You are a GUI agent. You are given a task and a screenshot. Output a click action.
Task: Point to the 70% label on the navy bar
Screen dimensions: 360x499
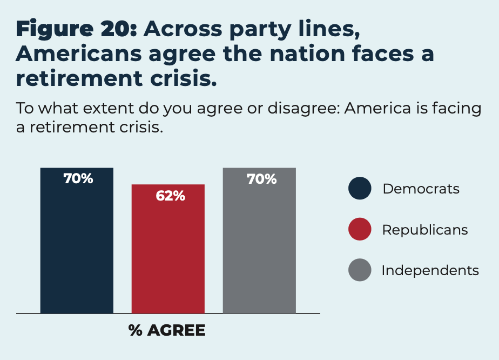78,179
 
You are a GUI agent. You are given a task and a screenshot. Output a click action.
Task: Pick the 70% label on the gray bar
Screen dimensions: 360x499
261,179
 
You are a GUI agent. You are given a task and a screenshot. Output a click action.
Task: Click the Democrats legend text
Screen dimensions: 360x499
421,189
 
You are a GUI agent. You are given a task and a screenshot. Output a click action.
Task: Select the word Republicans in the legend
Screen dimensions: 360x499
424,230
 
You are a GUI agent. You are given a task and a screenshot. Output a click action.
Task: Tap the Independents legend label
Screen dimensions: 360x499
430,270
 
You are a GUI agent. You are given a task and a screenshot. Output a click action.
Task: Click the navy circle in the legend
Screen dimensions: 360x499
360,189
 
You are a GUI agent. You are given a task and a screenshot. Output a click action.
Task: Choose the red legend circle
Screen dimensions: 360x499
360,229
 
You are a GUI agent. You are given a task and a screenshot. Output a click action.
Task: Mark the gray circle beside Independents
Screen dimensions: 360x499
360,270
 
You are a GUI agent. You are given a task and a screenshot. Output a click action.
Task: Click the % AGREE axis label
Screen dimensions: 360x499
167,330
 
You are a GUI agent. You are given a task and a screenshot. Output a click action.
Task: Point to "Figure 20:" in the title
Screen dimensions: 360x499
76,30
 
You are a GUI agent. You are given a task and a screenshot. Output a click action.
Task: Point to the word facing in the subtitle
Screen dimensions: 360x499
454,109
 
